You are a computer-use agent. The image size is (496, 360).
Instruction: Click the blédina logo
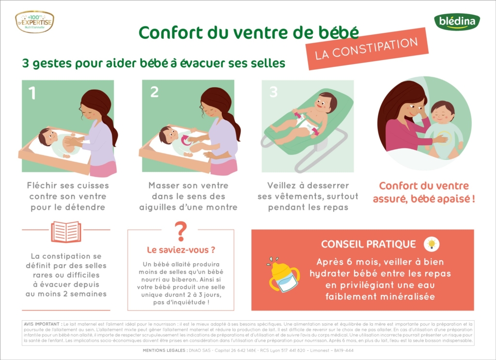[x=456, y=22]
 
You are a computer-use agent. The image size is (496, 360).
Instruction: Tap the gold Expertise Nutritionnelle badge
[x=34, y=22]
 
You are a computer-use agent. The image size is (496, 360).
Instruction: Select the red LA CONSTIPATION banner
[x=367, y=48]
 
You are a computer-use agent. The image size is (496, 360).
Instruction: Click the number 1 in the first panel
[x=32, y=93]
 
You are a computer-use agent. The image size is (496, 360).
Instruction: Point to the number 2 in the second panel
[x=154, y=92]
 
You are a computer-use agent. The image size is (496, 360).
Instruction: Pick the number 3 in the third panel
[x=273, y=92]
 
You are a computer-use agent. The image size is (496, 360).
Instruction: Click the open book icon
[x=66, y=232]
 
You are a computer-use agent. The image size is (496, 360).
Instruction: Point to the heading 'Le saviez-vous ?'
[x=181, y=250]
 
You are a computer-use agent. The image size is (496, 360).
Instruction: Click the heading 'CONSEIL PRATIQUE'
[x=368, y=244]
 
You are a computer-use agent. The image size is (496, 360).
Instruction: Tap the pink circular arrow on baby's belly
[x=186, y=141]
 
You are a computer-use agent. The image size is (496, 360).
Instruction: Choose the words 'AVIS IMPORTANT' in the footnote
[x=42, y=324]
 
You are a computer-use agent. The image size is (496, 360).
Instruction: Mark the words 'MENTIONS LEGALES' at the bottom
[x=164, y=350]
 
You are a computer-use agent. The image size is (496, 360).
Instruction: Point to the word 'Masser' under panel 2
[x=166, y=186]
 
